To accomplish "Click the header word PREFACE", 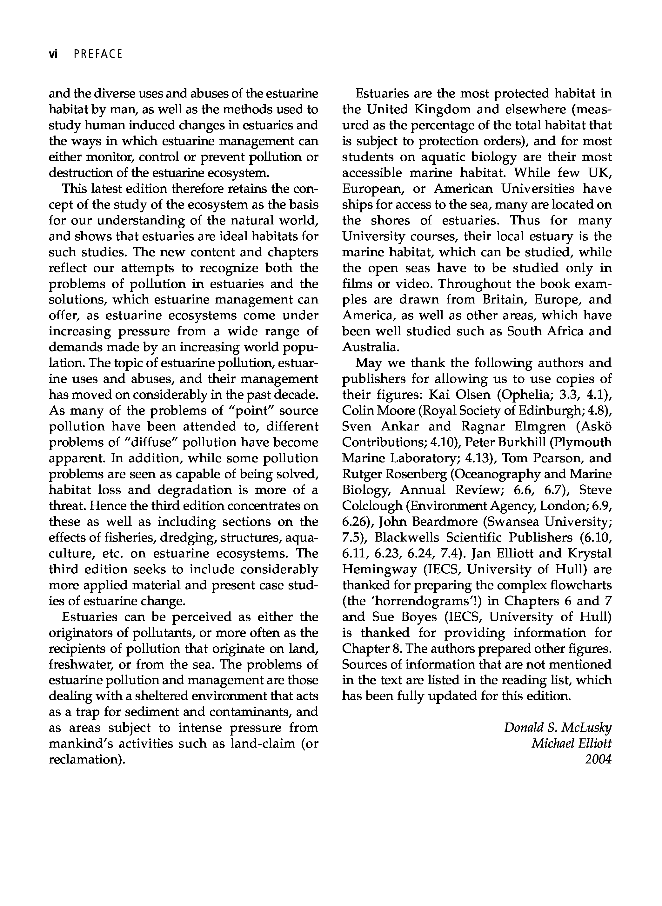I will (x=98, y=54).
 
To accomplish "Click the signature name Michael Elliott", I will (x=572, y=743).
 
